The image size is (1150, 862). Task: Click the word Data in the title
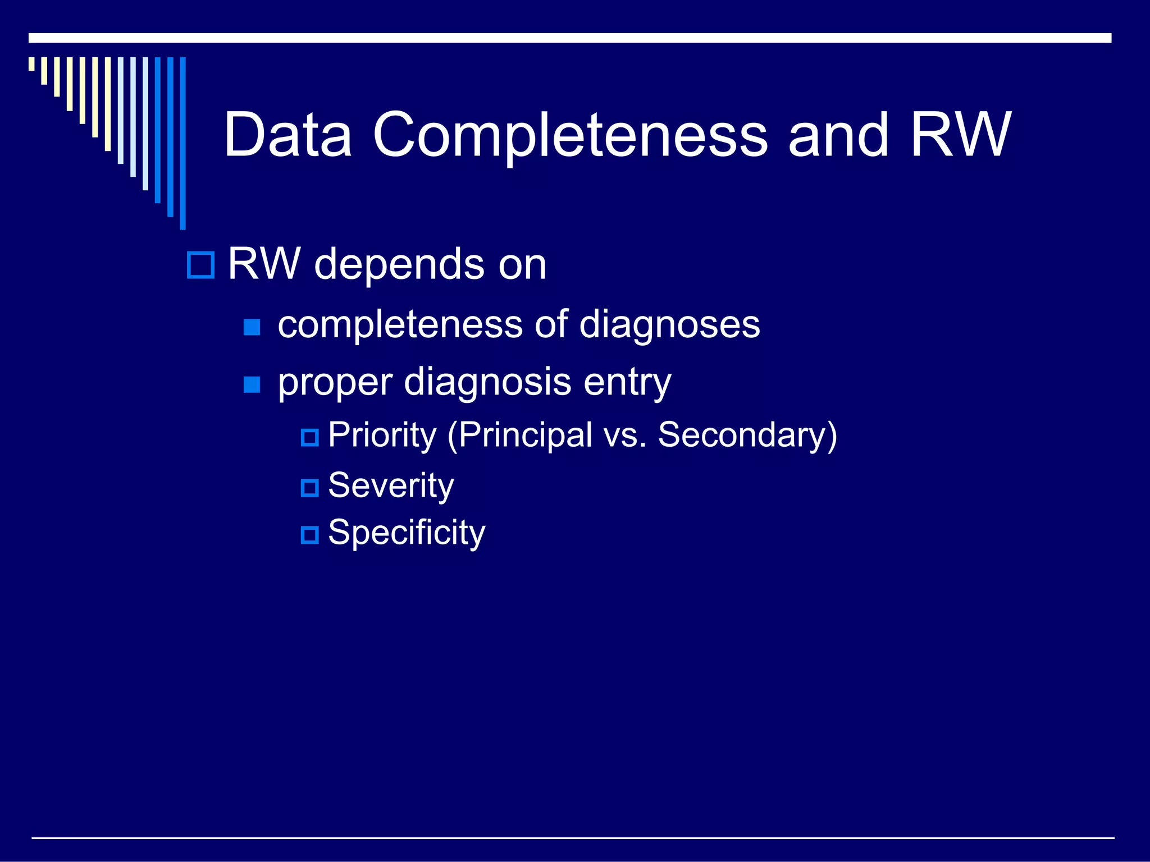[287, 135]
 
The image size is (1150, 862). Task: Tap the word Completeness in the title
[569, 135]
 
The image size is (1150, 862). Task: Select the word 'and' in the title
[838, 135]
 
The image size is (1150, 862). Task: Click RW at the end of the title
[960, 135]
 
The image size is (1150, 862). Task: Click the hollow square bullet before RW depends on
[200, 265]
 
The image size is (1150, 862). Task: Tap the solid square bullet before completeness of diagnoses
[252, 327]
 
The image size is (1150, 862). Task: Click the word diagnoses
[669, 325]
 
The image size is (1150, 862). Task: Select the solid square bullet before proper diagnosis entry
[252, 384]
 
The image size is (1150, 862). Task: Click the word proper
[335, 383]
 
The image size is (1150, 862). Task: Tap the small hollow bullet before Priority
[309, 437]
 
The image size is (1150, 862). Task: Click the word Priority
[382, 435]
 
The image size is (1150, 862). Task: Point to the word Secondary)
[747, 435]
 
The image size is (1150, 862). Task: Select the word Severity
[391, 485]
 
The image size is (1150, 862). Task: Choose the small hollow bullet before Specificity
[309, 534]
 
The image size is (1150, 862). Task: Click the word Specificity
[407, 533]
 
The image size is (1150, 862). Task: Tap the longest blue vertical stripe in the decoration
[182, 143]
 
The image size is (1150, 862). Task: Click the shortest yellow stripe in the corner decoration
[31, 64]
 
